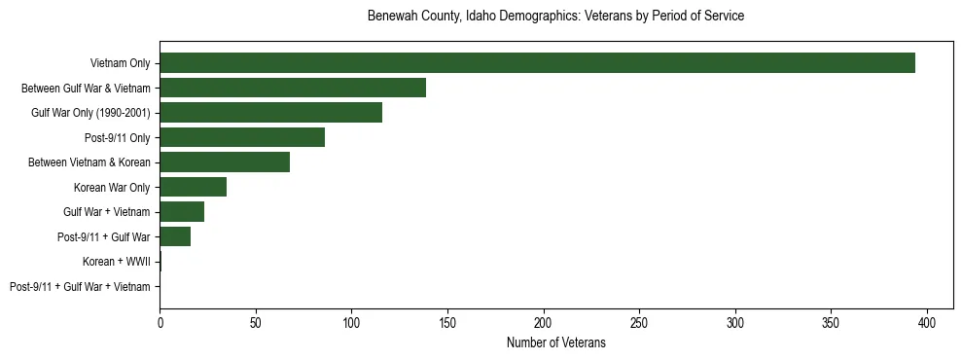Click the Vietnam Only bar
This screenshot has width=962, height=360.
click(537, 63)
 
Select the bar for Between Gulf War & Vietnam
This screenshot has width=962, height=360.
click(293, 88)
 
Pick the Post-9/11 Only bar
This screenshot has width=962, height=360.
click(242, 137)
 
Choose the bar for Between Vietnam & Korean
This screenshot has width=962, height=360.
click(225, 162)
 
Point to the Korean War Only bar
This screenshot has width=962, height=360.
click(194, 187)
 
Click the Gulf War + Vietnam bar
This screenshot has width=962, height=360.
click(182, 211)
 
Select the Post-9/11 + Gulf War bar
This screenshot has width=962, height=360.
click(175, 236)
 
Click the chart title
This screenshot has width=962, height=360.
click(555, 17)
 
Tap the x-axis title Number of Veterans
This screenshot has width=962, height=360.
click(555, 342)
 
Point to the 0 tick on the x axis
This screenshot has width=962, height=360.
click(160, 322)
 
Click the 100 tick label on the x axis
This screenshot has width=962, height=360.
click(351, 322)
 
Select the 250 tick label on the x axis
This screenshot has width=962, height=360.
click(639, 322)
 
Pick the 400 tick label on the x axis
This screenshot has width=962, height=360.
click(927, 322)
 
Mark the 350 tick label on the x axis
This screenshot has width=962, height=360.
click(831, 322)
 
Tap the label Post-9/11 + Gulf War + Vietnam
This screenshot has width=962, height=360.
click(80, 286)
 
